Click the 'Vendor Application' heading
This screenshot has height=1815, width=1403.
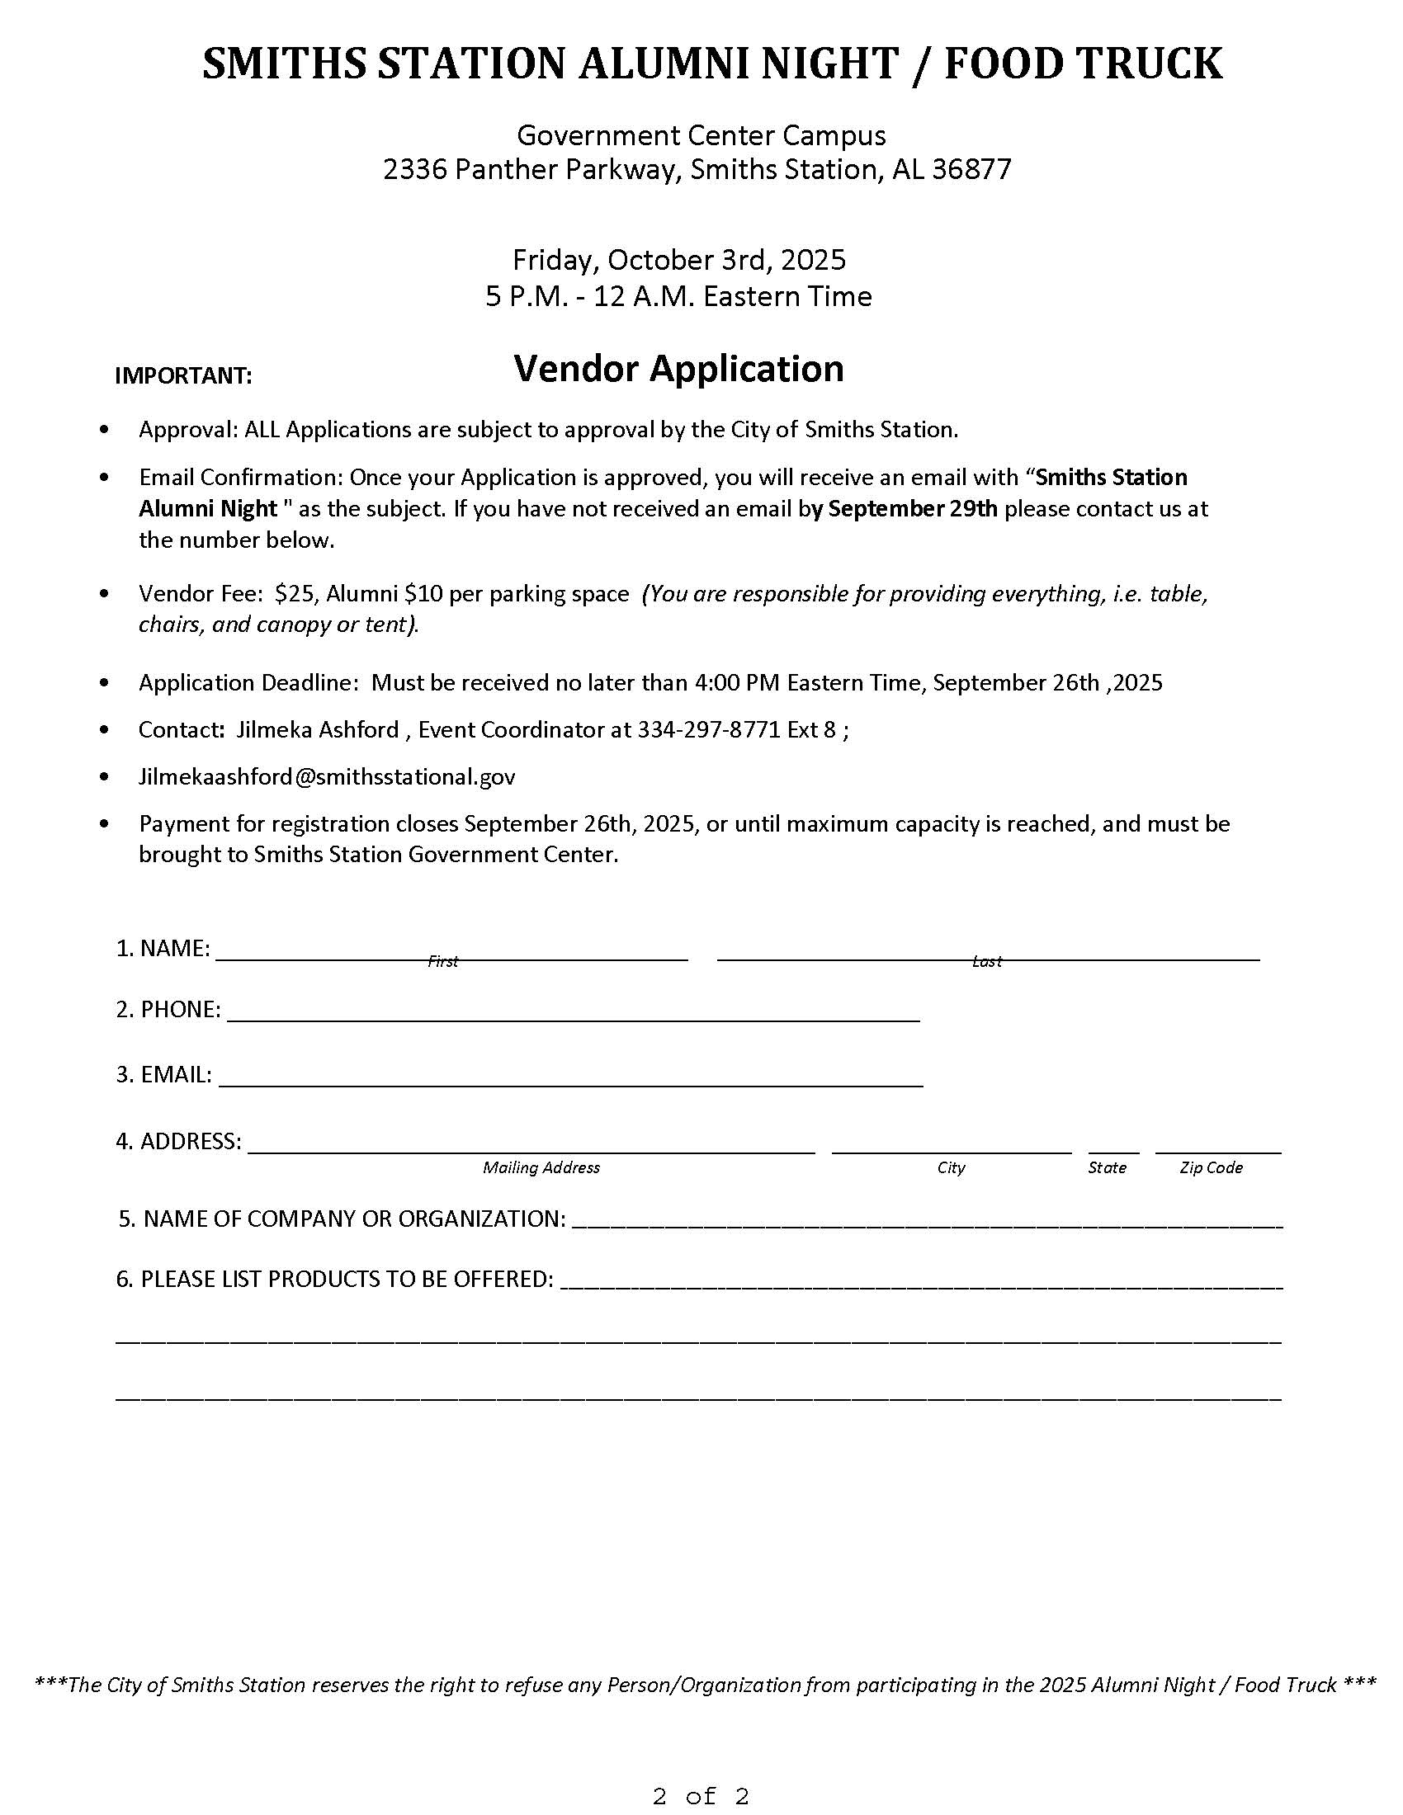click(x=678, y=369)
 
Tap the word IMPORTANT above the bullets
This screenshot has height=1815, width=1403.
click(x=183, y=376)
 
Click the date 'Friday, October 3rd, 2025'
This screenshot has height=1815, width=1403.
click(x=678, y=260)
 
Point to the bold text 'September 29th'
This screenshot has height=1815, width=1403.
click(x=913, y=508)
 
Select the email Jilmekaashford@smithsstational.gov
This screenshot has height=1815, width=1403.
click(x=327, y=777)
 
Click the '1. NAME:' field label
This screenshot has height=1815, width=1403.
click(x=163, y=948)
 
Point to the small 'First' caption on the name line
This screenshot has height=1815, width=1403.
click(x=442, y=961)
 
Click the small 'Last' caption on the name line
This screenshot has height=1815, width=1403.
click(x=986, y=961)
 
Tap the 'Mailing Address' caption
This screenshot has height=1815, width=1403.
click(x=541, y=1167)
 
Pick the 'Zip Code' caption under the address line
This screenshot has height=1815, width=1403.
click(x=1211, y=1167)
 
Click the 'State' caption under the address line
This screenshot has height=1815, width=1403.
click(x=1107, y=1167)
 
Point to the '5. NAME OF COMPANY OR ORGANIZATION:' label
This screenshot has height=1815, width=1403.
click(x=342, y=1219)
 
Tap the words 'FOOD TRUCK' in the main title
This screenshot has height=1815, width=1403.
click(x=1083, y=64)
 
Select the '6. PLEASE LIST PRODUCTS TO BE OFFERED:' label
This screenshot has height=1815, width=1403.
click(x=334, y=1279)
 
